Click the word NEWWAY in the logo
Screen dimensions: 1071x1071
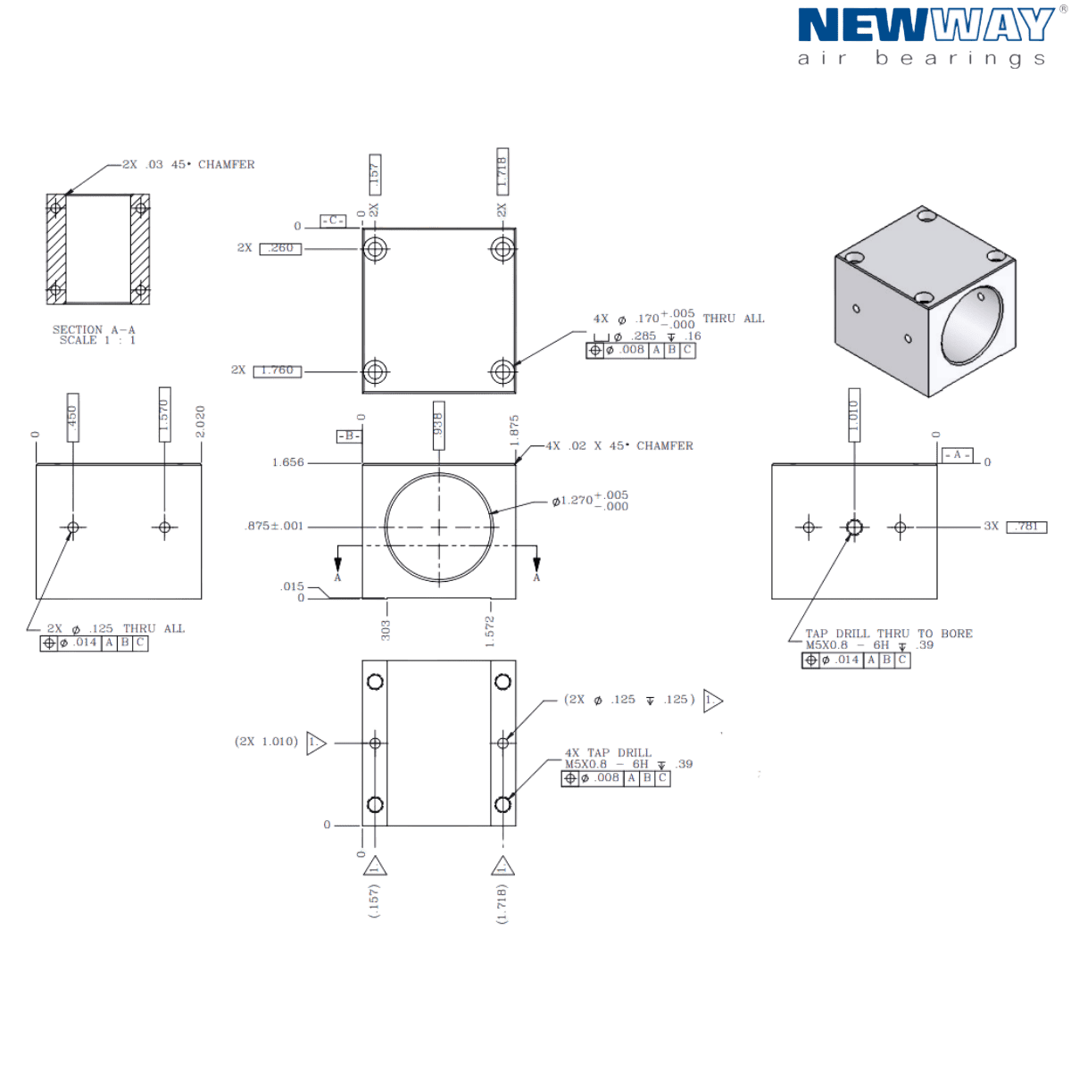(x=925, y=25)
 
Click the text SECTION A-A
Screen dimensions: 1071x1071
(x=94, y=329)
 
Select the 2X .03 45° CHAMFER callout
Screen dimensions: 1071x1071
(x=188, y=165)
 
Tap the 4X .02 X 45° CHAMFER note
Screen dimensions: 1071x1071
(x=619, y=445)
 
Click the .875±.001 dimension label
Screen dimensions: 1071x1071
(x=274, y=527)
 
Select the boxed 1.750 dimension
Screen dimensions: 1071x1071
(x=278, y=370)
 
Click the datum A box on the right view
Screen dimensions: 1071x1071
(x=955, y=455)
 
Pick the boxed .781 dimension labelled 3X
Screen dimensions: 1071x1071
(x=1025, y=527)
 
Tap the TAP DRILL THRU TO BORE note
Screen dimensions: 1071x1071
(x=887, y=634)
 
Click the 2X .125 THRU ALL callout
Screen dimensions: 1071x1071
(x=115, y=628)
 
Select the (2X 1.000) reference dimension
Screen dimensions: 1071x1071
(x=266, y=741)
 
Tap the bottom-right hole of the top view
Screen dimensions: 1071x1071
(x=503, y=369)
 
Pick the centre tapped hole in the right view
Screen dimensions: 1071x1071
(x=854, y=527)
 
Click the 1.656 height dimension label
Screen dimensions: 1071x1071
(x=288, y=463)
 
